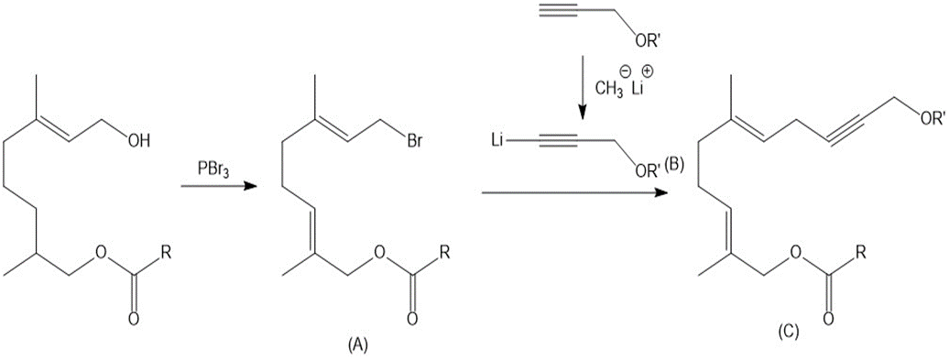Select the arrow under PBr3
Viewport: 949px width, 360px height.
pos(215,188)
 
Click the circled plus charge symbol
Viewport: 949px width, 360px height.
pos(647,71)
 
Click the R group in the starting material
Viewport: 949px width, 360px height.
pos(165,249)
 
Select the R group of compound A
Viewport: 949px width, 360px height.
pos(445,249)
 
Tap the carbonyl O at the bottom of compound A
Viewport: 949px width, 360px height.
pos(413,318)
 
